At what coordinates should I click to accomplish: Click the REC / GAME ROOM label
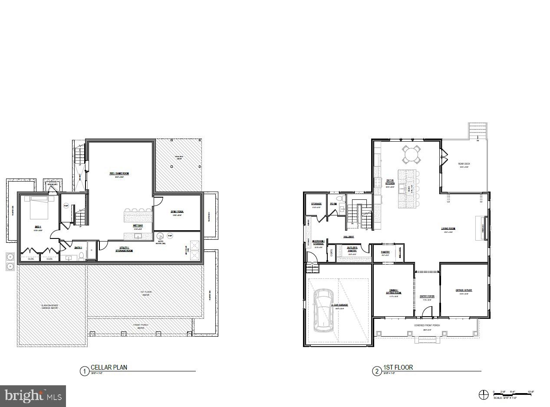[x=119, y=173]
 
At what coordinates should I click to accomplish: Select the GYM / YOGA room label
[x=178, y=212]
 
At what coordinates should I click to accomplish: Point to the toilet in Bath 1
[x=81, y=258]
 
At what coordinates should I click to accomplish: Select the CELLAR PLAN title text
[x=109, y=367]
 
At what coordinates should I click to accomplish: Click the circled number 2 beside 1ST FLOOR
[x=376, y=371]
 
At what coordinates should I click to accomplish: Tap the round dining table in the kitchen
[x=411, y=154]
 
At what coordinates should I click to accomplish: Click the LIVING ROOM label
[x=448, y=228]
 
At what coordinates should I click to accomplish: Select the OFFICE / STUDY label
[x=463, y=290]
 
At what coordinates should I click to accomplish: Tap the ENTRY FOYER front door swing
[x=428, y=311]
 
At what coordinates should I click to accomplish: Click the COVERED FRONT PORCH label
[x=427, y=325]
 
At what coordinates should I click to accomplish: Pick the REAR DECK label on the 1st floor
[x=464, y=164]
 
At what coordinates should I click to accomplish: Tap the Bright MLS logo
[x=33, y=396]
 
